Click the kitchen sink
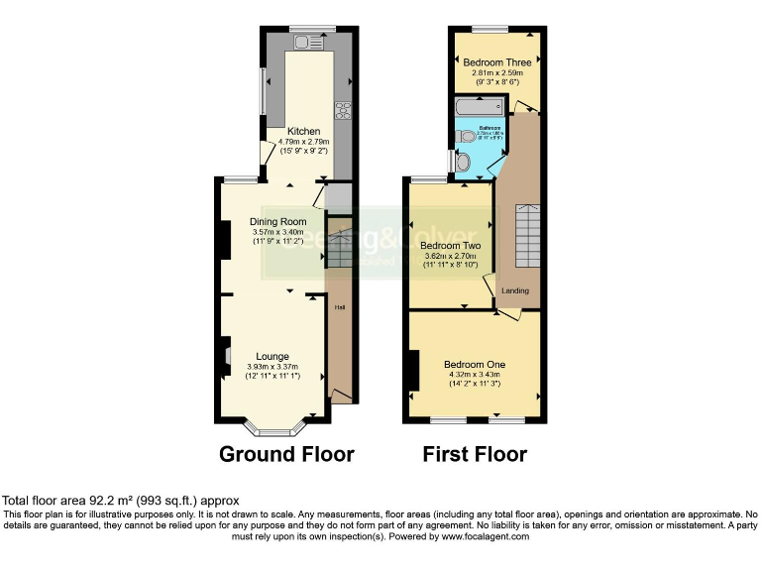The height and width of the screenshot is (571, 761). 308,42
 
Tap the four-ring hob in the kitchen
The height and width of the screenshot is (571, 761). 344,111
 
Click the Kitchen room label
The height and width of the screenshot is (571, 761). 303,131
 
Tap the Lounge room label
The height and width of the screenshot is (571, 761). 272,356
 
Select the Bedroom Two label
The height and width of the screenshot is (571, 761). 451,245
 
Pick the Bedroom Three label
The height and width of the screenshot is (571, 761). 496,61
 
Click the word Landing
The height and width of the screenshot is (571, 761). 515,290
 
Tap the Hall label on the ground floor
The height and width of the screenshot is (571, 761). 339,307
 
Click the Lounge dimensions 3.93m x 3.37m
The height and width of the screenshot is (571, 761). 272,368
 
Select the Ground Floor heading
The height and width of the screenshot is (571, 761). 286,454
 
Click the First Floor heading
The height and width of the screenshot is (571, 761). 475,454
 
